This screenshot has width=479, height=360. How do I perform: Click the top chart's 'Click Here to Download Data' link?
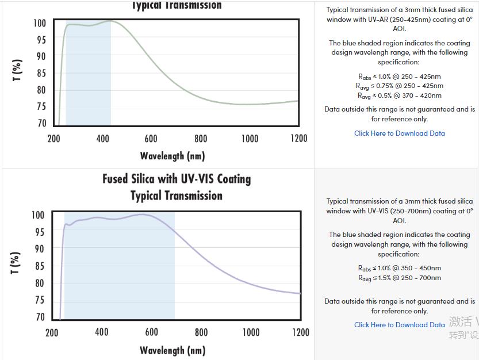[x=399, y=133]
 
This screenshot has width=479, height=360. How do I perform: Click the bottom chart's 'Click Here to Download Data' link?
[x=399, y=325]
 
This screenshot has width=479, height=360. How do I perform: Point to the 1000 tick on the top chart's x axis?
[x=250, y=139]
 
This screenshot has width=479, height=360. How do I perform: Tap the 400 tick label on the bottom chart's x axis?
[x=102, y=332]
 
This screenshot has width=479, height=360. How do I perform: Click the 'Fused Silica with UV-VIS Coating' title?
[x=177, y=179]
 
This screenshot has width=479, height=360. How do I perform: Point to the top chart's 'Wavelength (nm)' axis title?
[x=172, y=156]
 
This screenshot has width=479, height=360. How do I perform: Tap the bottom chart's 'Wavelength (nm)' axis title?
[x=172, y=350]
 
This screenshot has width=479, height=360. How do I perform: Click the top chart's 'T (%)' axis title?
[x=18, y=70]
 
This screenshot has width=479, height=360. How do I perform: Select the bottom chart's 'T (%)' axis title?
[x=17, y=263]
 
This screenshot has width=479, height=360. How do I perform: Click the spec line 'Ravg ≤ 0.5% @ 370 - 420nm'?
[x=399, y=95]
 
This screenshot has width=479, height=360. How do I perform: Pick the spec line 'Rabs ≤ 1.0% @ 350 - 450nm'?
[x=399, y=268]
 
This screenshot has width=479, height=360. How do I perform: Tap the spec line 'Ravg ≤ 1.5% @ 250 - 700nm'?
[x=399, y=278]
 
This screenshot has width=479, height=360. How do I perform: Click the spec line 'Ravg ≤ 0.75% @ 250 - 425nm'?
[x=399, y=86]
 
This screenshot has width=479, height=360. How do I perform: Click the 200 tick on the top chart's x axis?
[x=53, y=139]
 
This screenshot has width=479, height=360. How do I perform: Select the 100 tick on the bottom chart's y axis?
[x=37, y=215]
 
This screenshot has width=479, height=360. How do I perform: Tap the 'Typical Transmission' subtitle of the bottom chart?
[x=176, y=196]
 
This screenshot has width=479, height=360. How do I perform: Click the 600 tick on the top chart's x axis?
[x=151, y=139]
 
